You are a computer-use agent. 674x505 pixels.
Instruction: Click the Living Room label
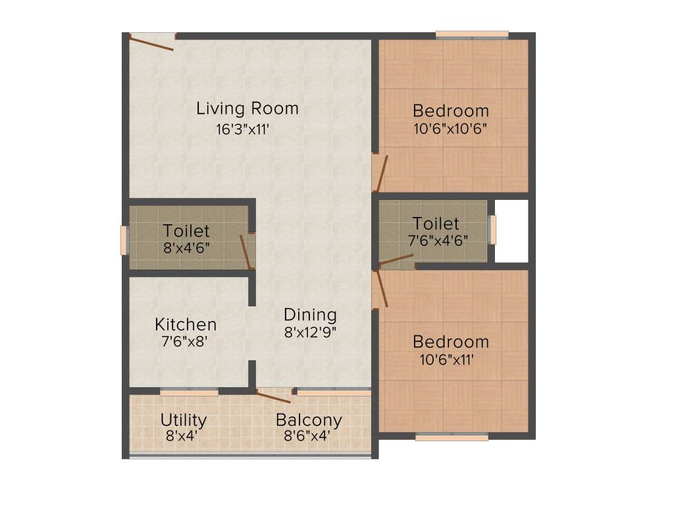(247, 108)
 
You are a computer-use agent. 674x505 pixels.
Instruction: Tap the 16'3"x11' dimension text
(244, 129)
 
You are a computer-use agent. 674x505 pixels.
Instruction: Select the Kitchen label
(186, 324)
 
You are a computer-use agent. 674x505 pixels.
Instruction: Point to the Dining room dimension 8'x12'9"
(310, 332)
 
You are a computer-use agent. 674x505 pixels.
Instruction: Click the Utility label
(184, 420)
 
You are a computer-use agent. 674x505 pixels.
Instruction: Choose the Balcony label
(309, 420)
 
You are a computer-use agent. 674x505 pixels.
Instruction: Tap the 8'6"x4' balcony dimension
(307, 435)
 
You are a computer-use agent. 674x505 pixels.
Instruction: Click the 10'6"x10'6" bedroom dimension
(451, 128)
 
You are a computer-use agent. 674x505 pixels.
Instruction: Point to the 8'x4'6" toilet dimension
(186, 248)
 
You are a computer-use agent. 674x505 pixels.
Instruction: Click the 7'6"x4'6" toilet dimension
(438, 240)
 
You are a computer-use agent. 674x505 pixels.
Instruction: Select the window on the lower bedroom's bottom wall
(452, 436)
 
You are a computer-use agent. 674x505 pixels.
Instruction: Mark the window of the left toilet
(123, 240)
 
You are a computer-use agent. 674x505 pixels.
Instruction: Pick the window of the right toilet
(492, 229)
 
